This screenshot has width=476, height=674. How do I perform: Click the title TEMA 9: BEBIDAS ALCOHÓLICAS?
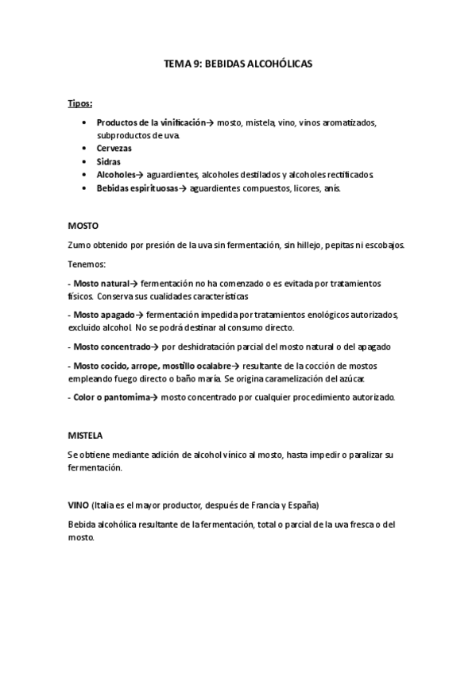tap(238, 68)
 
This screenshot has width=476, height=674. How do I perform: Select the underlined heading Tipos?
tap(79, 103)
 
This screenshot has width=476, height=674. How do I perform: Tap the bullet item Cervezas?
tap(114, 148)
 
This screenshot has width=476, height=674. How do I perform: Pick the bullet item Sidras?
tap(109, 161)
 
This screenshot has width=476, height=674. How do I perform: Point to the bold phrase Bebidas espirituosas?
tap(137, 187)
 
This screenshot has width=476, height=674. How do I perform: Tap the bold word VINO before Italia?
tap(79, 505)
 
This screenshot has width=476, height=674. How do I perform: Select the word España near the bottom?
tap(300, 505)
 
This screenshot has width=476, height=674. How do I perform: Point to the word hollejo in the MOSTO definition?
tap(313, 245)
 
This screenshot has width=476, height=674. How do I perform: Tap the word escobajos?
tap(381, 245)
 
